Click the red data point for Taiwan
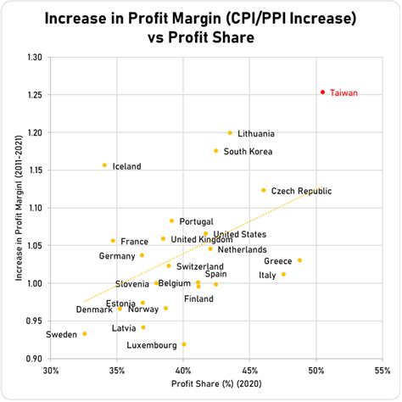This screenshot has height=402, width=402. coord(322,92)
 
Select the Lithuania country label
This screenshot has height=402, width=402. coord(256,133)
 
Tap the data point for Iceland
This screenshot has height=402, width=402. coord(104,165)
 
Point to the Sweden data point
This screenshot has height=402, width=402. coord(85,333)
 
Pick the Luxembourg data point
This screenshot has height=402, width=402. coord(184,344)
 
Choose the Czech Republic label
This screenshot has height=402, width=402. coord(301,191)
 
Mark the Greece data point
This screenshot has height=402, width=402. coord(299,260)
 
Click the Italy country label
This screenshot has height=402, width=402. coord(267,275)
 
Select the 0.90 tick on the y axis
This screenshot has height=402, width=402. coord(33,359)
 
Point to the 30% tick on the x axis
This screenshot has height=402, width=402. coord(52,371)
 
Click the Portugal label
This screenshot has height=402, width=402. coord(196,221)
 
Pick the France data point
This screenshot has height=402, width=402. coord(113,241)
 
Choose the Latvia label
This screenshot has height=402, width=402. coord(124,327)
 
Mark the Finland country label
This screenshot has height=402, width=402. coord(198,299)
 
